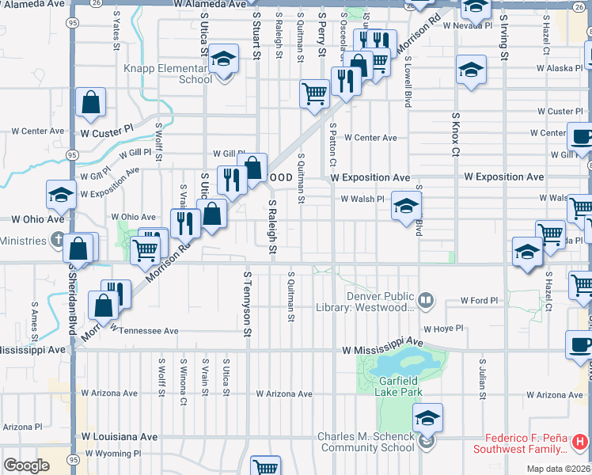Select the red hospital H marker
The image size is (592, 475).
tap(580, 441)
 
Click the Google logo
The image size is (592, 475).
tap(26, 465)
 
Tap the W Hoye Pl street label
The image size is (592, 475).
tap(442, 329)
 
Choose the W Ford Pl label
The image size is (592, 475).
tap(480, 302)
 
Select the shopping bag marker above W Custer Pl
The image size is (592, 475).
tap(91, 102)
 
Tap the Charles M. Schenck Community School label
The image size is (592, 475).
tap(366, 442)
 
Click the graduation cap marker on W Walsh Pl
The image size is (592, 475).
tap(405, 207)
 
